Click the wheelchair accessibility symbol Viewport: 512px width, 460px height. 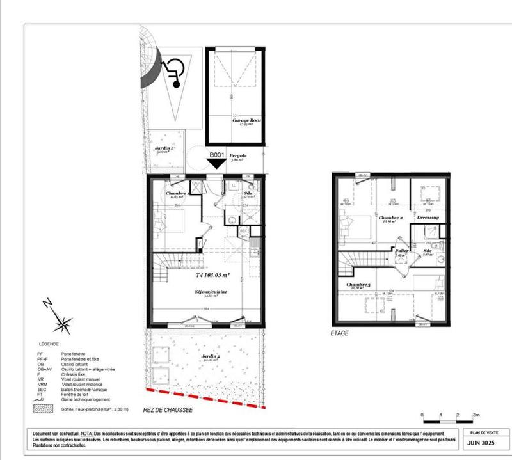(x=170, y=70)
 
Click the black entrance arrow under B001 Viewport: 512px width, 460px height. (x=217, y=164)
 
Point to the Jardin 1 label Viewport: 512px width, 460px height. (x=163, y=148)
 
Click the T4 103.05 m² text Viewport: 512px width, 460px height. (x=212, y=277)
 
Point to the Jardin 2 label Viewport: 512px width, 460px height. (x=209, y=357)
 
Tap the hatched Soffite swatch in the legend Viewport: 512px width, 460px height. (x=42, y=408)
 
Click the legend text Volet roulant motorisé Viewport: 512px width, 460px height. (x=80, y=385)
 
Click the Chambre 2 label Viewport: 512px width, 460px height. (x=391, y=218)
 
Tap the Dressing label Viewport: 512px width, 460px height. (x=428, y=218)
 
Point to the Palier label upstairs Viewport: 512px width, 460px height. (x=402, y=251)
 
